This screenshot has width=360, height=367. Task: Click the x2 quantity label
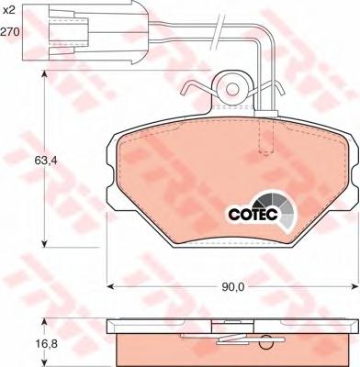coord(8,11)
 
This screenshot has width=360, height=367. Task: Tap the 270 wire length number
coord(10,31)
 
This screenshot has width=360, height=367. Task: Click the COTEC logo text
coord(253,215)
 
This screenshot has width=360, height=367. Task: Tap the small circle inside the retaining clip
coord(232,89)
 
